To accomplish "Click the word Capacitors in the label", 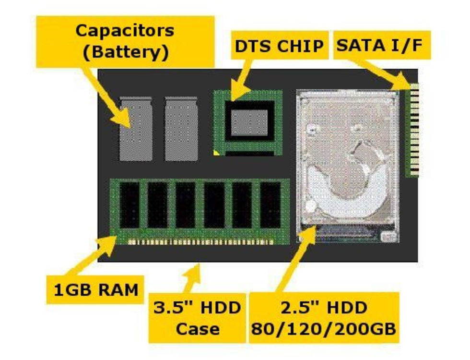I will (x=125, y=31).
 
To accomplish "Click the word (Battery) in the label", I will (x=125, y=51).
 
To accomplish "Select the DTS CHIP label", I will (x=279, y=46).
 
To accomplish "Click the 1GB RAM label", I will (x=95, y=289).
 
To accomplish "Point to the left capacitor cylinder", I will (x=136, y=129).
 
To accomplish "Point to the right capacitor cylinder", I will (x=181, y=129).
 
